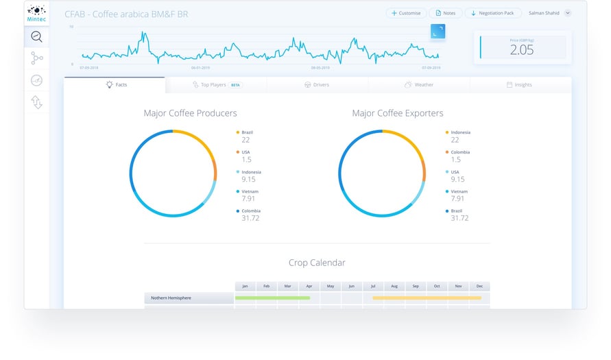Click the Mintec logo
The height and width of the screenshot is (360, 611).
click(x=36, y=14)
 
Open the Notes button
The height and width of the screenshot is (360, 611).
click(x=445, y=13)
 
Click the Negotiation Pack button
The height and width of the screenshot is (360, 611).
click(x=493, y=13)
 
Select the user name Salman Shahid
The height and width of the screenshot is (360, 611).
click(x=544, y=13)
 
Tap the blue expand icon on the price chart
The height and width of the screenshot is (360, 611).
click(x=438, y=31)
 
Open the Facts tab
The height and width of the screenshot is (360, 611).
click(x=115, y=85)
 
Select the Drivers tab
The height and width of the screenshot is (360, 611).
click(x=316, y=85)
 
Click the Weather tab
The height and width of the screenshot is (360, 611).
click(x=418, y=85)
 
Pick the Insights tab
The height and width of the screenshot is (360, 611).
click(x=519, y=85)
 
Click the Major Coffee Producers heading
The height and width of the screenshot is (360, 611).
click(x=190, y=113)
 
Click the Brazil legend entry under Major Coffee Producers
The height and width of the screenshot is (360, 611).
click(x=247, y=132)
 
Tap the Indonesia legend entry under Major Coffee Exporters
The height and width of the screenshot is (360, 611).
click(x=459, y=132)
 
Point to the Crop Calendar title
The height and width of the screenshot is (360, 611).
click(x=317, y=263)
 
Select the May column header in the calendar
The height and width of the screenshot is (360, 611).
click(x=330, y=286)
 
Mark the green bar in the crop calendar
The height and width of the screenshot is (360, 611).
click(x=272, y=298)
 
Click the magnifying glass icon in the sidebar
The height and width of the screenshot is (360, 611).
click(x=36, y=37)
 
